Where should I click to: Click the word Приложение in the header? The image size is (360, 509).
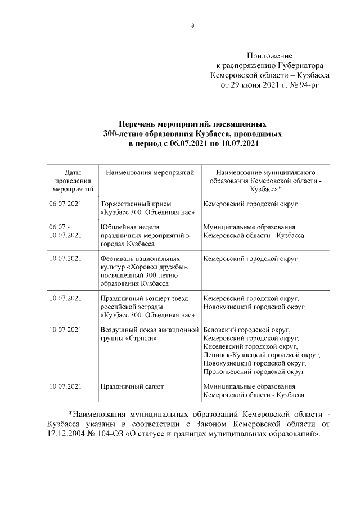[269, 56]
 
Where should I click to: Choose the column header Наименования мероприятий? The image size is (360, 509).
[149, 172]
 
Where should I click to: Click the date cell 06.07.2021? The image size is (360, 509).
[66, 204]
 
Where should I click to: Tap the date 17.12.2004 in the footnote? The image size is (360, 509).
[67, 435]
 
